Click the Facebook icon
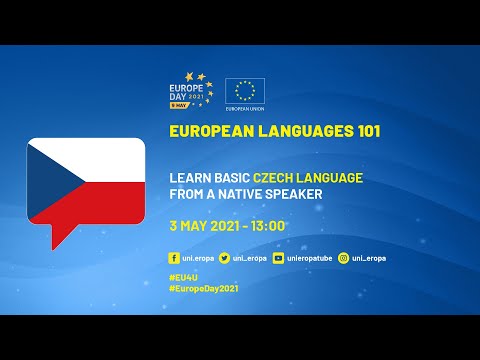click(x=174, y=258)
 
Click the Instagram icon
click(x=343, y=258)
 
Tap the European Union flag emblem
click(x=244, y=89)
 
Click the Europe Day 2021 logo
click(x=194, y=89)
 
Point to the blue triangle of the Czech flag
click(x=42, y=180)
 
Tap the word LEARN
click(x=190, y=177)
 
